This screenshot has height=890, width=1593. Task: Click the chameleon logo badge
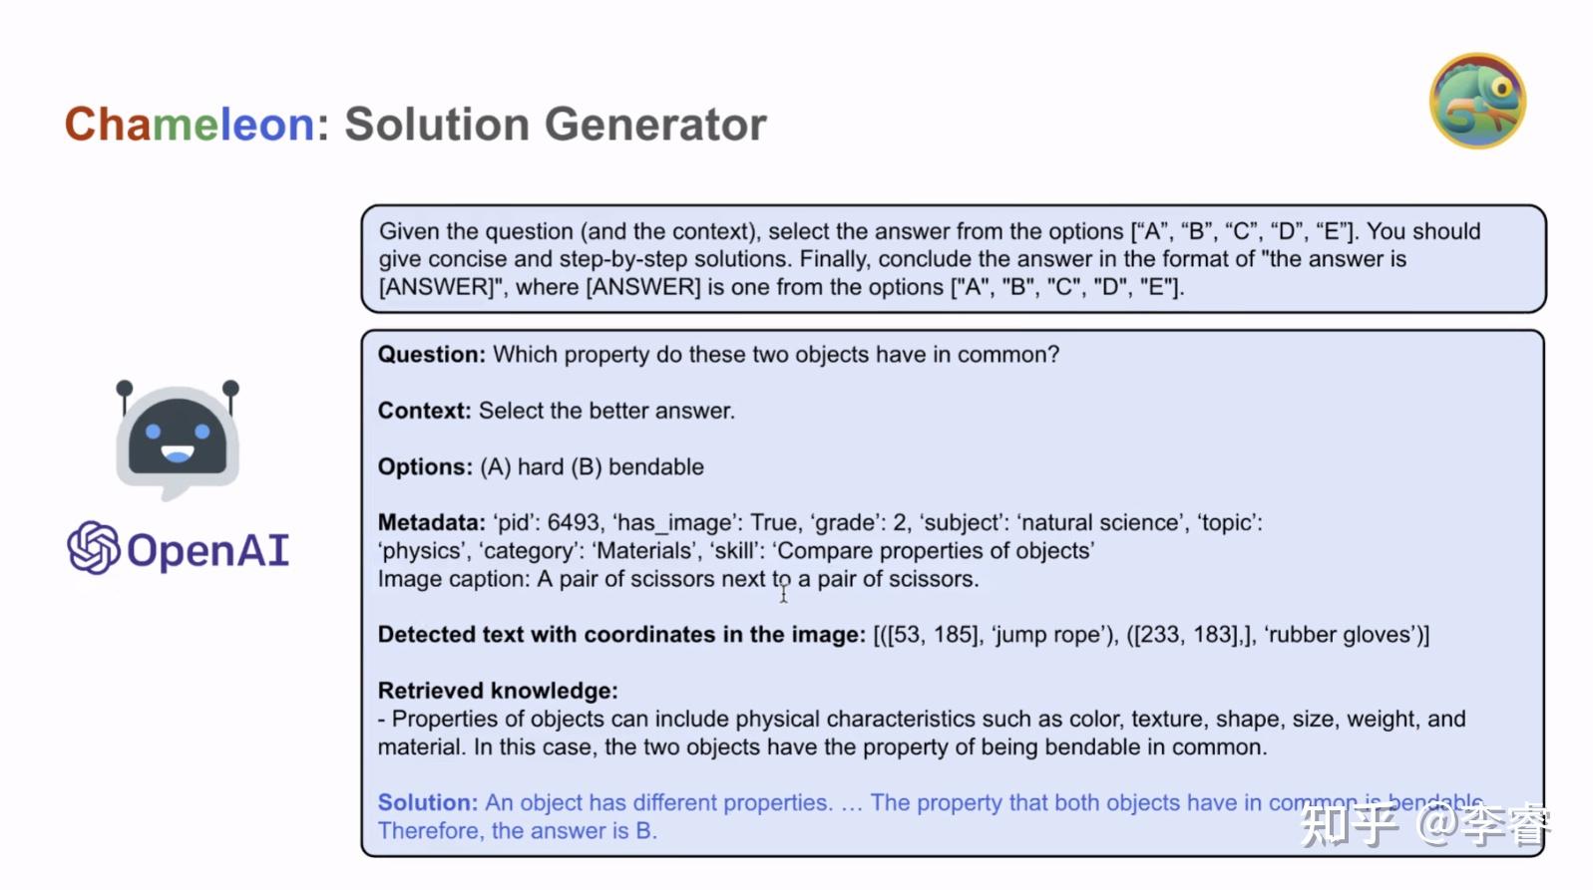point(1477,101)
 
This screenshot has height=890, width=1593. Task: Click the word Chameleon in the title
point(190,125)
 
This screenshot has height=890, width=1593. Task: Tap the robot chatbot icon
point(178,439)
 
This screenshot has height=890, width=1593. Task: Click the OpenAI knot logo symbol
point(94,548)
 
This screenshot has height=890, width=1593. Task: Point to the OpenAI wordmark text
point(208,550)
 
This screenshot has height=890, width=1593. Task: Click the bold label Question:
point(431,355)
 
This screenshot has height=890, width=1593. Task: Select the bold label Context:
point(424,411)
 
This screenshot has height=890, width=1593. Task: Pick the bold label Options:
point(425,466)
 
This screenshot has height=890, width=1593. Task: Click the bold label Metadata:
point(431,522)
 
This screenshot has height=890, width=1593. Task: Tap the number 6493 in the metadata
point(574,522)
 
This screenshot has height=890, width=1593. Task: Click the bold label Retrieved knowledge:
point(498,691)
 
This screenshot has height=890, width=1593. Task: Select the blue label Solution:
point(428,802)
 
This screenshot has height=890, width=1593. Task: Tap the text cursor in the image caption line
point(784,593)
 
